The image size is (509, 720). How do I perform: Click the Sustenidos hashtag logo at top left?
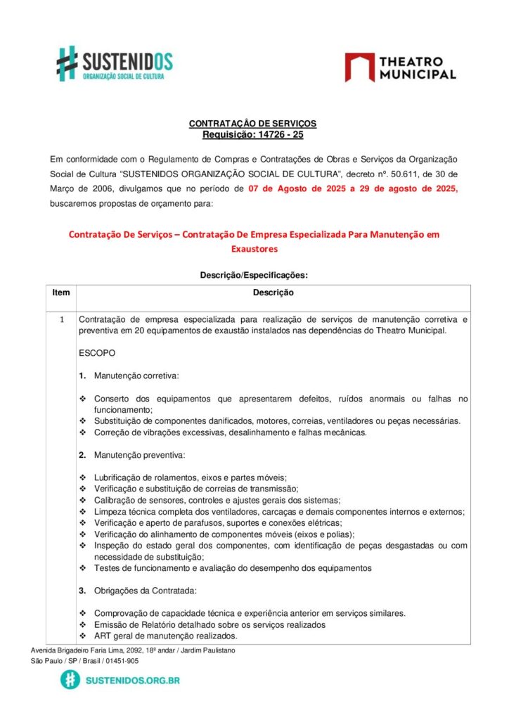67,63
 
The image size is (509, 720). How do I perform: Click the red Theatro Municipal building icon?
359,67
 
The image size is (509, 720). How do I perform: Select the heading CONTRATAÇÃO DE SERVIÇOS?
252,124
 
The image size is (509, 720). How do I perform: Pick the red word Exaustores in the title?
254,249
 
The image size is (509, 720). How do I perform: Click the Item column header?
61,292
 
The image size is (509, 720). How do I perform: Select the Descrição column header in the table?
273,292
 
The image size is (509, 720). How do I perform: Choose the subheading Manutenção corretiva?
136,375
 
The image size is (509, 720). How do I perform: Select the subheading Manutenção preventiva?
139,456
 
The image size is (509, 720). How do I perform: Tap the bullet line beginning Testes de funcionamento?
233,567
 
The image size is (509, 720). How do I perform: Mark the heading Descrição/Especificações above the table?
254,276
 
